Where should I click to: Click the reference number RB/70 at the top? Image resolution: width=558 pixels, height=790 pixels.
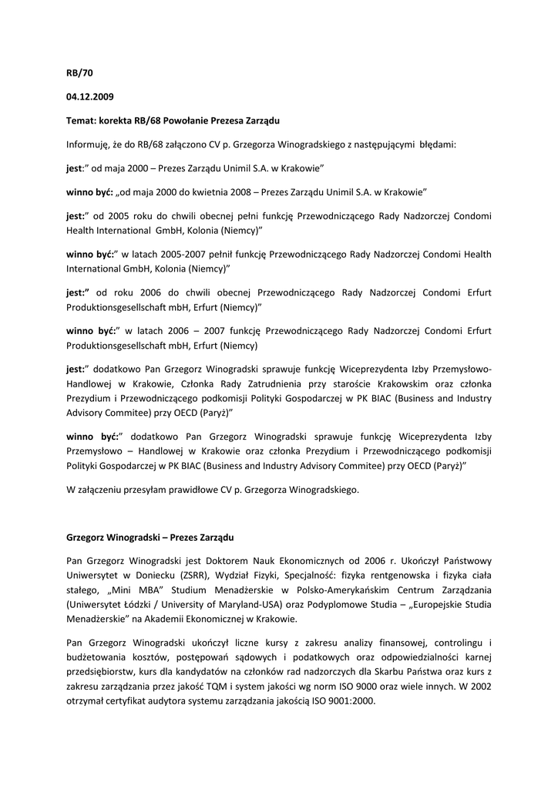79,75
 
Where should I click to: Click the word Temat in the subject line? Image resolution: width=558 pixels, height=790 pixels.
80,121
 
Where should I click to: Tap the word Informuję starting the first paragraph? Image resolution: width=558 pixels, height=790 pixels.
92,144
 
